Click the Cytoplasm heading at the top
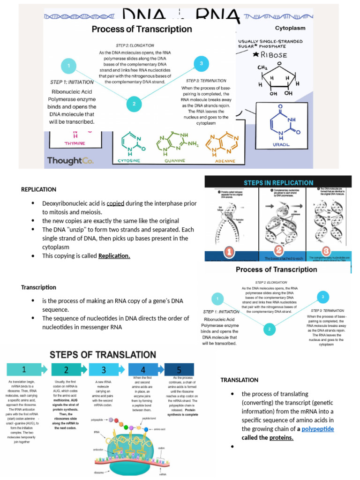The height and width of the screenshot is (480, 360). pos(290,28)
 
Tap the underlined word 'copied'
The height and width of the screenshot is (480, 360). pos(115,203)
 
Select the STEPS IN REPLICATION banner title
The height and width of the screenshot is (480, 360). pos(278,182)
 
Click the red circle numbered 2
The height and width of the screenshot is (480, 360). pos(278,250)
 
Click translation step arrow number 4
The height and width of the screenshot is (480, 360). pos(143,369)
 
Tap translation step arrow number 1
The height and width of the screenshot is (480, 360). pos(24,369)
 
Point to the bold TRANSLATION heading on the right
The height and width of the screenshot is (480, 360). pos(239,380)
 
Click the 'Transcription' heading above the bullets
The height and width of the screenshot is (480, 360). pos(38,287)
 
